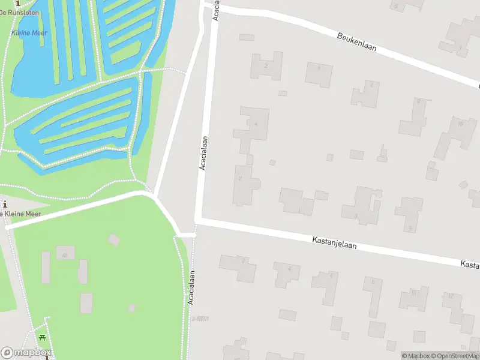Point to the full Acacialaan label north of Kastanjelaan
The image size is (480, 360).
[x=203, y=152]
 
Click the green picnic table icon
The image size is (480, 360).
[x=42, y=337]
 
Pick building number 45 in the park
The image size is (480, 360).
[x=65, y=255]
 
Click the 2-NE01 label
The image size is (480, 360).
[x=199, y=318]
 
